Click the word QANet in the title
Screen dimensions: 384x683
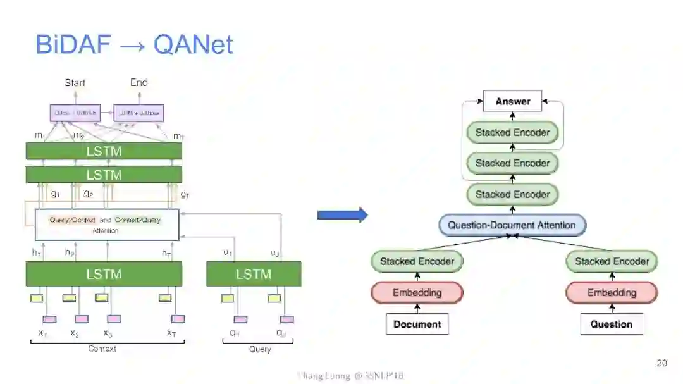pyautogui.click(x=193, y=44)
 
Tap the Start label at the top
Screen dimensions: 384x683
pyautogui.click(x=75, y=82)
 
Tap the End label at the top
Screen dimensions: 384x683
pyautogui.click(x=138, y=82)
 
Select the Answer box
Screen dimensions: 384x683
pyautogui.click(x=512, y=101)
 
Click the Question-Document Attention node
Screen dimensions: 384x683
pyautogui.click(x=512, y=225)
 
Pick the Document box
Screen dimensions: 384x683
pyautogui.click(x=417, y=324)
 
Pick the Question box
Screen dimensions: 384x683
pyautogui.click(x=611, y=324)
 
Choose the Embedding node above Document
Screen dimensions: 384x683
pyautogui.click(x=417, y=292)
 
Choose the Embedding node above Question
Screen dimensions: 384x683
pyautogui.click(x=612, y=292)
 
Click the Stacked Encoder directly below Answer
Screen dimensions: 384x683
pyautogui.click(x=512, y=132)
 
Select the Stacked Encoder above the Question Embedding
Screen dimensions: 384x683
pyautogui.click(x=612, y=261)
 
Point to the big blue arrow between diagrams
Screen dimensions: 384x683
pyautogui.click(x=342, y=215)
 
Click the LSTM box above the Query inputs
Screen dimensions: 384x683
pyautogui.click(x=254, y=274)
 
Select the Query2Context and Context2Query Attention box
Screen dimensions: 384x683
pyautogui.click(x=107, y=225)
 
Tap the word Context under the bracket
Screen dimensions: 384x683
pyautogui.click(x=102, y=349)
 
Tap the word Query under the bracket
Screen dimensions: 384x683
pyautogui.click(x=259, y=349)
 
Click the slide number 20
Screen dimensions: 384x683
pyautogui.click(x=661, y=362)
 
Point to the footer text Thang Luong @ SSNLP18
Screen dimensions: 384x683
pyautogui.click(x=350, y=375)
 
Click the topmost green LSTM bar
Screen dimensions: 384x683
pyautogui.click(x=104, y=151)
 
